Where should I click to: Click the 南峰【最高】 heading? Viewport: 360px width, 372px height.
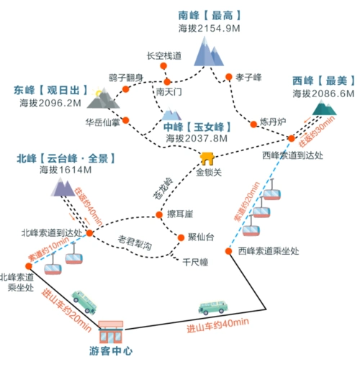pyautogui.click(x=209, y=14)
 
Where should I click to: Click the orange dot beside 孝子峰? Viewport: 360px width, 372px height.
pyautogui.click(x=228, y=77)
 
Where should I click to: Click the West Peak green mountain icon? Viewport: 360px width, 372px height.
pyautogui.click(x=324, y=108)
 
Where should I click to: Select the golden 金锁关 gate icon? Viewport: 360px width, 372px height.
pyautogui.click(x=207, y=158)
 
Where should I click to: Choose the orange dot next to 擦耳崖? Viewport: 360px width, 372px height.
pyautogui.click(x=159, y=215)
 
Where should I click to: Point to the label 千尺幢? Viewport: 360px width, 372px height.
pyautogui.click(x=194, y=263)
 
